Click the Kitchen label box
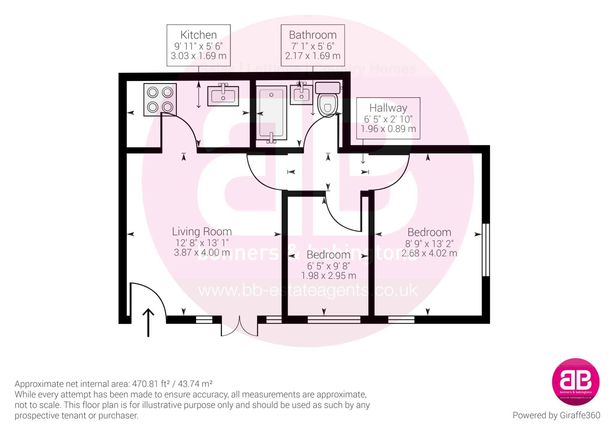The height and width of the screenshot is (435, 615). click(198, 45)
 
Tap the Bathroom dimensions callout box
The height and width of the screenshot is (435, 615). click(313, 45)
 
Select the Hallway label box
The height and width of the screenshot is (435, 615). click(388, 118)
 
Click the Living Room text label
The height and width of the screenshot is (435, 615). click(202, 232)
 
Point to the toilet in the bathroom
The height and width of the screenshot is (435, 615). click(327, 99)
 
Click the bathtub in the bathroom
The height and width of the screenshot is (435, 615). click(271, 113)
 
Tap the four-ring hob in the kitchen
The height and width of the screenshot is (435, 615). click(160, 99)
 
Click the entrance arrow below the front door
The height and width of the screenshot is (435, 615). click(148, 323)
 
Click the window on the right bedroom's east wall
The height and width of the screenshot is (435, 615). click(486, 250)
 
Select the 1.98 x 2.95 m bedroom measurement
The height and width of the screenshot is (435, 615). click(329, 275)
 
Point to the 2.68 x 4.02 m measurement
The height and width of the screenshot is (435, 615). click(429, 253)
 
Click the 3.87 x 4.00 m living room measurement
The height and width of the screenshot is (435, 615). click(202, 252)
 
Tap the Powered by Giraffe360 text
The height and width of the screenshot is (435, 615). click(556, 415)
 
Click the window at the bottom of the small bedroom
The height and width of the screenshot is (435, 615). click(334, 319)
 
